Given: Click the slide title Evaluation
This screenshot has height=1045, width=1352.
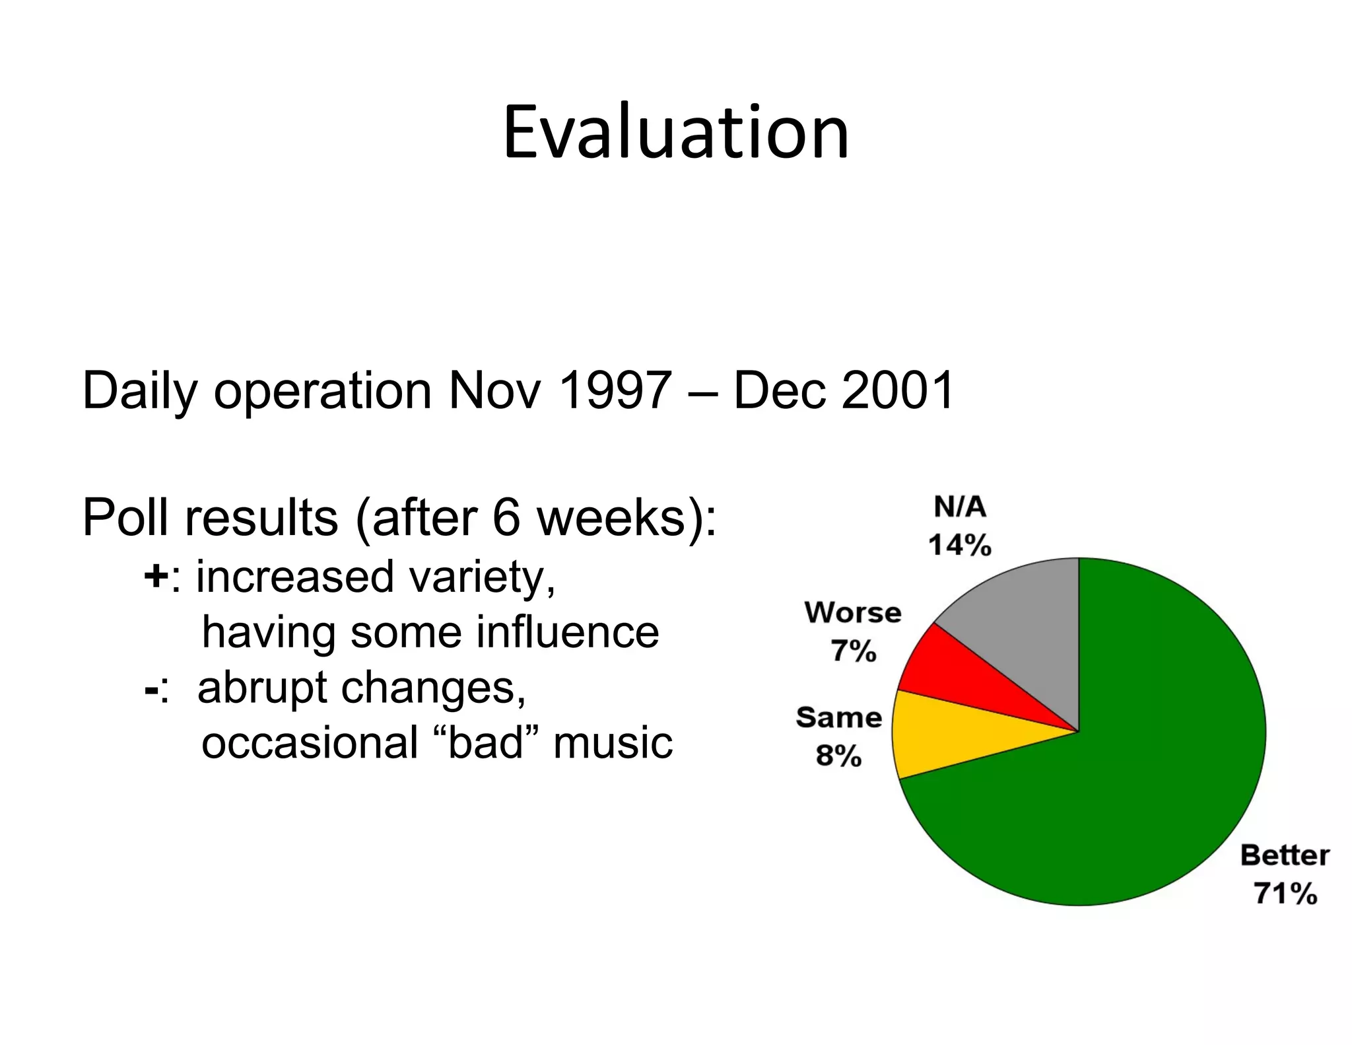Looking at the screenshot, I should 675,132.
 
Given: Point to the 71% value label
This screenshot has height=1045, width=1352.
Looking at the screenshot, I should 1285,894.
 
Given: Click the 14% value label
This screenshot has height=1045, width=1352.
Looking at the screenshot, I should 959,546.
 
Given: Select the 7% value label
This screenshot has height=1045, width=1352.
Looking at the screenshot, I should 853,651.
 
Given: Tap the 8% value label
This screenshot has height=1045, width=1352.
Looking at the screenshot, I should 838,756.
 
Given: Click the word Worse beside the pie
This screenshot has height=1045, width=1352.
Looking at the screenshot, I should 853,613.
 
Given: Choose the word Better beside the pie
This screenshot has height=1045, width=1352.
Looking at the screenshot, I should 1285,855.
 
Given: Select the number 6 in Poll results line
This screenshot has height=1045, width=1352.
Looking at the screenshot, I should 506,518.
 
